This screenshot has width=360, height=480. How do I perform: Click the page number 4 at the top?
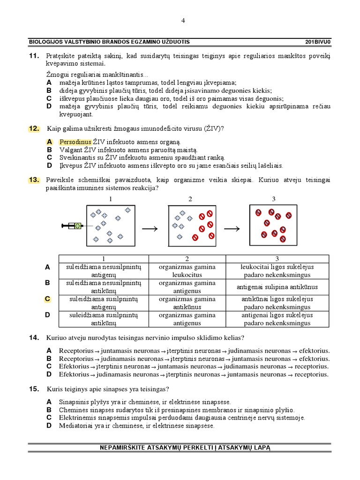click(183, 20)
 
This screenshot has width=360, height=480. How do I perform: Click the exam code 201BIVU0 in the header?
click(318, 42)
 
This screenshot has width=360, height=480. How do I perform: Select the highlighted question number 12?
click(34, 128)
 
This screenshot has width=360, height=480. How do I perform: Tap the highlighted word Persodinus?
click(75, 142)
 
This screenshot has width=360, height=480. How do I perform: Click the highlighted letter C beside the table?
click(47, 299)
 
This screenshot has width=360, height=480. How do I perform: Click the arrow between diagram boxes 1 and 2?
click(150, 228)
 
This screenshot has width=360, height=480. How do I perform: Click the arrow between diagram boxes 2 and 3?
click(232, 228)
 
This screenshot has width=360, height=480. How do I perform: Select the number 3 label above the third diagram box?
click(274, 199)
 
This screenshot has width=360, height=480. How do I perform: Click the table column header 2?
click(187, 259)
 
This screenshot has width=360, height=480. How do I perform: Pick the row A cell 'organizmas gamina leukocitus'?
click(187, 270)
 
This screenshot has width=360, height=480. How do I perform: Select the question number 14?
click(34, 337)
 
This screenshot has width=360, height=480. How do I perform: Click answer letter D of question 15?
click(49, 426)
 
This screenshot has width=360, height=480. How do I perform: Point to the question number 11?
click(34, 56)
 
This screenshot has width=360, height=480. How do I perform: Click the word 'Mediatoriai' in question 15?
click(75, 426)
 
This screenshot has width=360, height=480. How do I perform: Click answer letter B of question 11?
click(49, 91)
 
